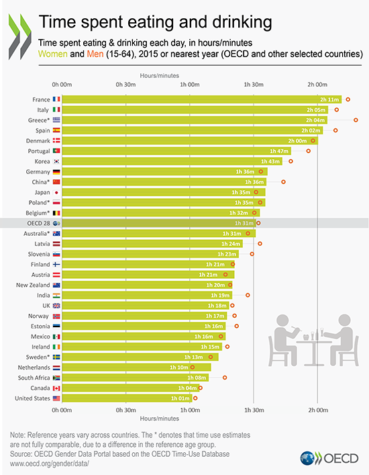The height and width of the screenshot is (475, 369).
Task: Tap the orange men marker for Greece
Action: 356,120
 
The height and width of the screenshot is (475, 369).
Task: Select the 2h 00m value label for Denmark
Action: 297,141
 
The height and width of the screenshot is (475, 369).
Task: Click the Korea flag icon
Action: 56,162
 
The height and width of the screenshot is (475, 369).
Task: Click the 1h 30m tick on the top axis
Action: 254,85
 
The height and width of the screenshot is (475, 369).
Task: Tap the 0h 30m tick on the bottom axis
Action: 126,409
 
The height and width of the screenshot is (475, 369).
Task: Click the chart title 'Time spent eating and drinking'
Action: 156,22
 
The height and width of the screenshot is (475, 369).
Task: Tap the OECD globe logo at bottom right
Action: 310,459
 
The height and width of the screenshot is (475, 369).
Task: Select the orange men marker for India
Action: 248,295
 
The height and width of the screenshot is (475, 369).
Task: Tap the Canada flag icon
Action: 56,388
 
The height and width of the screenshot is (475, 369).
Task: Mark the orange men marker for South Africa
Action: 225,378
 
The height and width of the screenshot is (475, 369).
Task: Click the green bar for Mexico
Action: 134,337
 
